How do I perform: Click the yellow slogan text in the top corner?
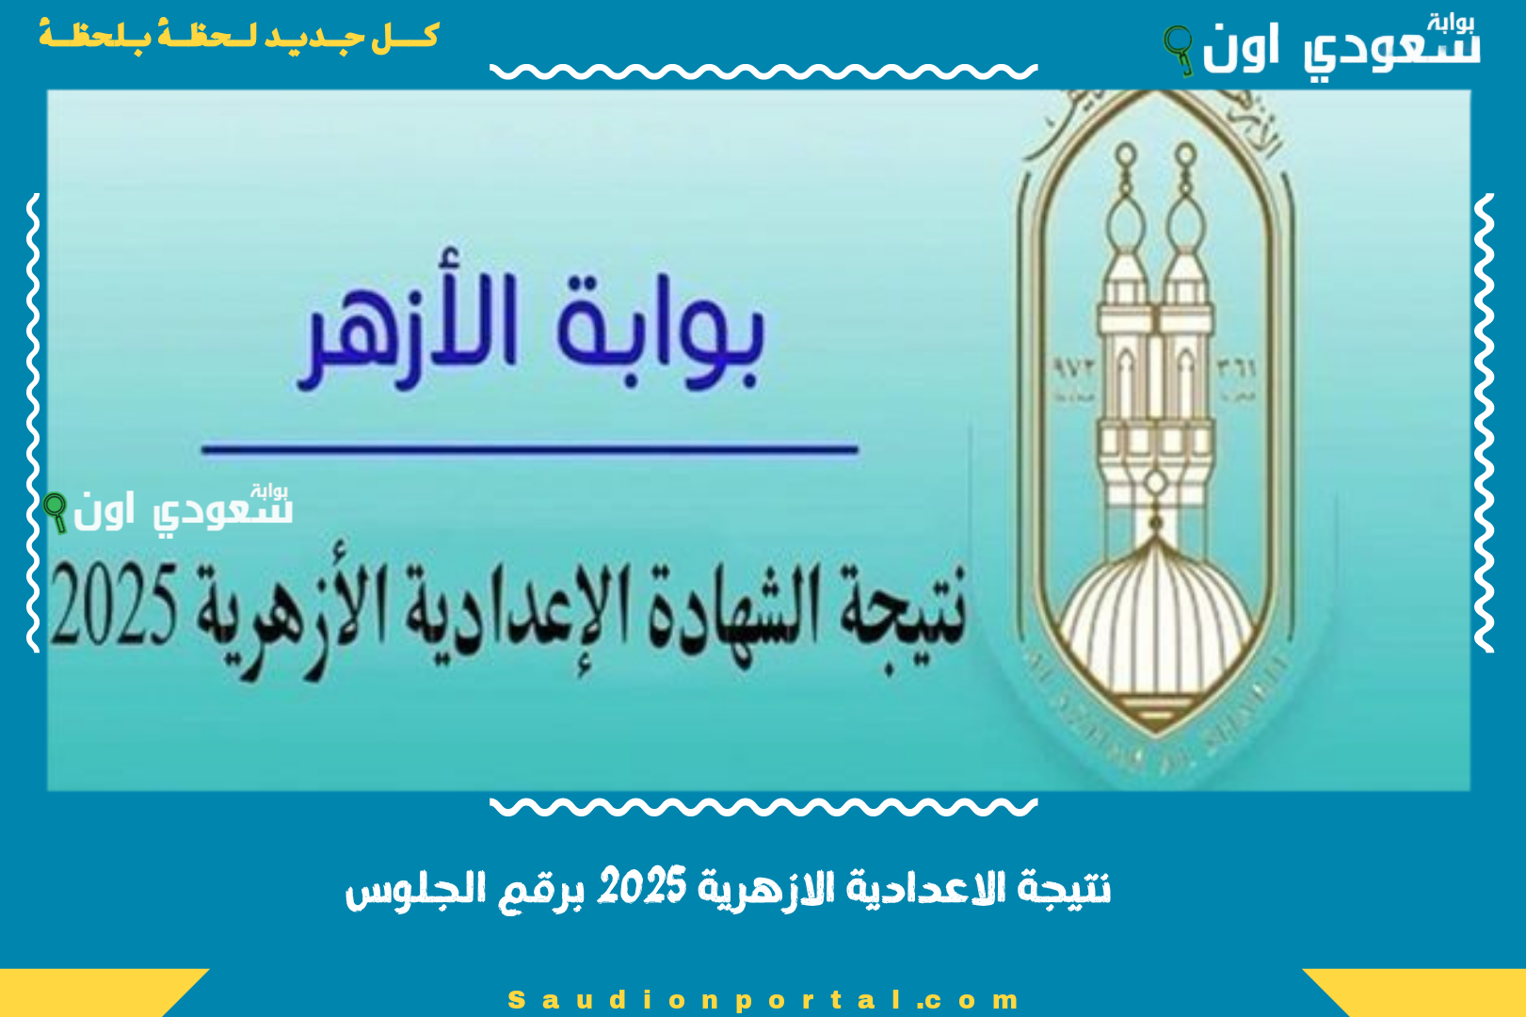(238, 36)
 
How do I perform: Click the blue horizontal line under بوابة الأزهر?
(529, 450)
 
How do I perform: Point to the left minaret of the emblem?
(1126, 311)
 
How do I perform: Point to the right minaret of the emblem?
(1186, 311)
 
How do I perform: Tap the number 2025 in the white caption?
(642, 888)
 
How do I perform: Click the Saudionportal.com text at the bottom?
(763, 999)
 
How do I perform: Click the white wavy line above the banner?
(763, 72)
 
